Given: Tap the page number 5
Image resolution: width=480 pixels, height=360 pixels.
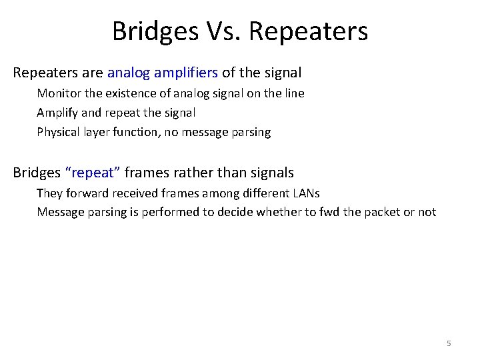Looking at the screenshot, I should pos(449,343).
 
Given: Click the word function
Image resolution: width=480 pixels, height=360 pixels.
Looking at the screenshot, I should pos(135,132).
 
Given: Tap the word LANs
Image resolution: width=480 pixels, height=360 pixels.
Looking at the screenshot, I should pos(305,193).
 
